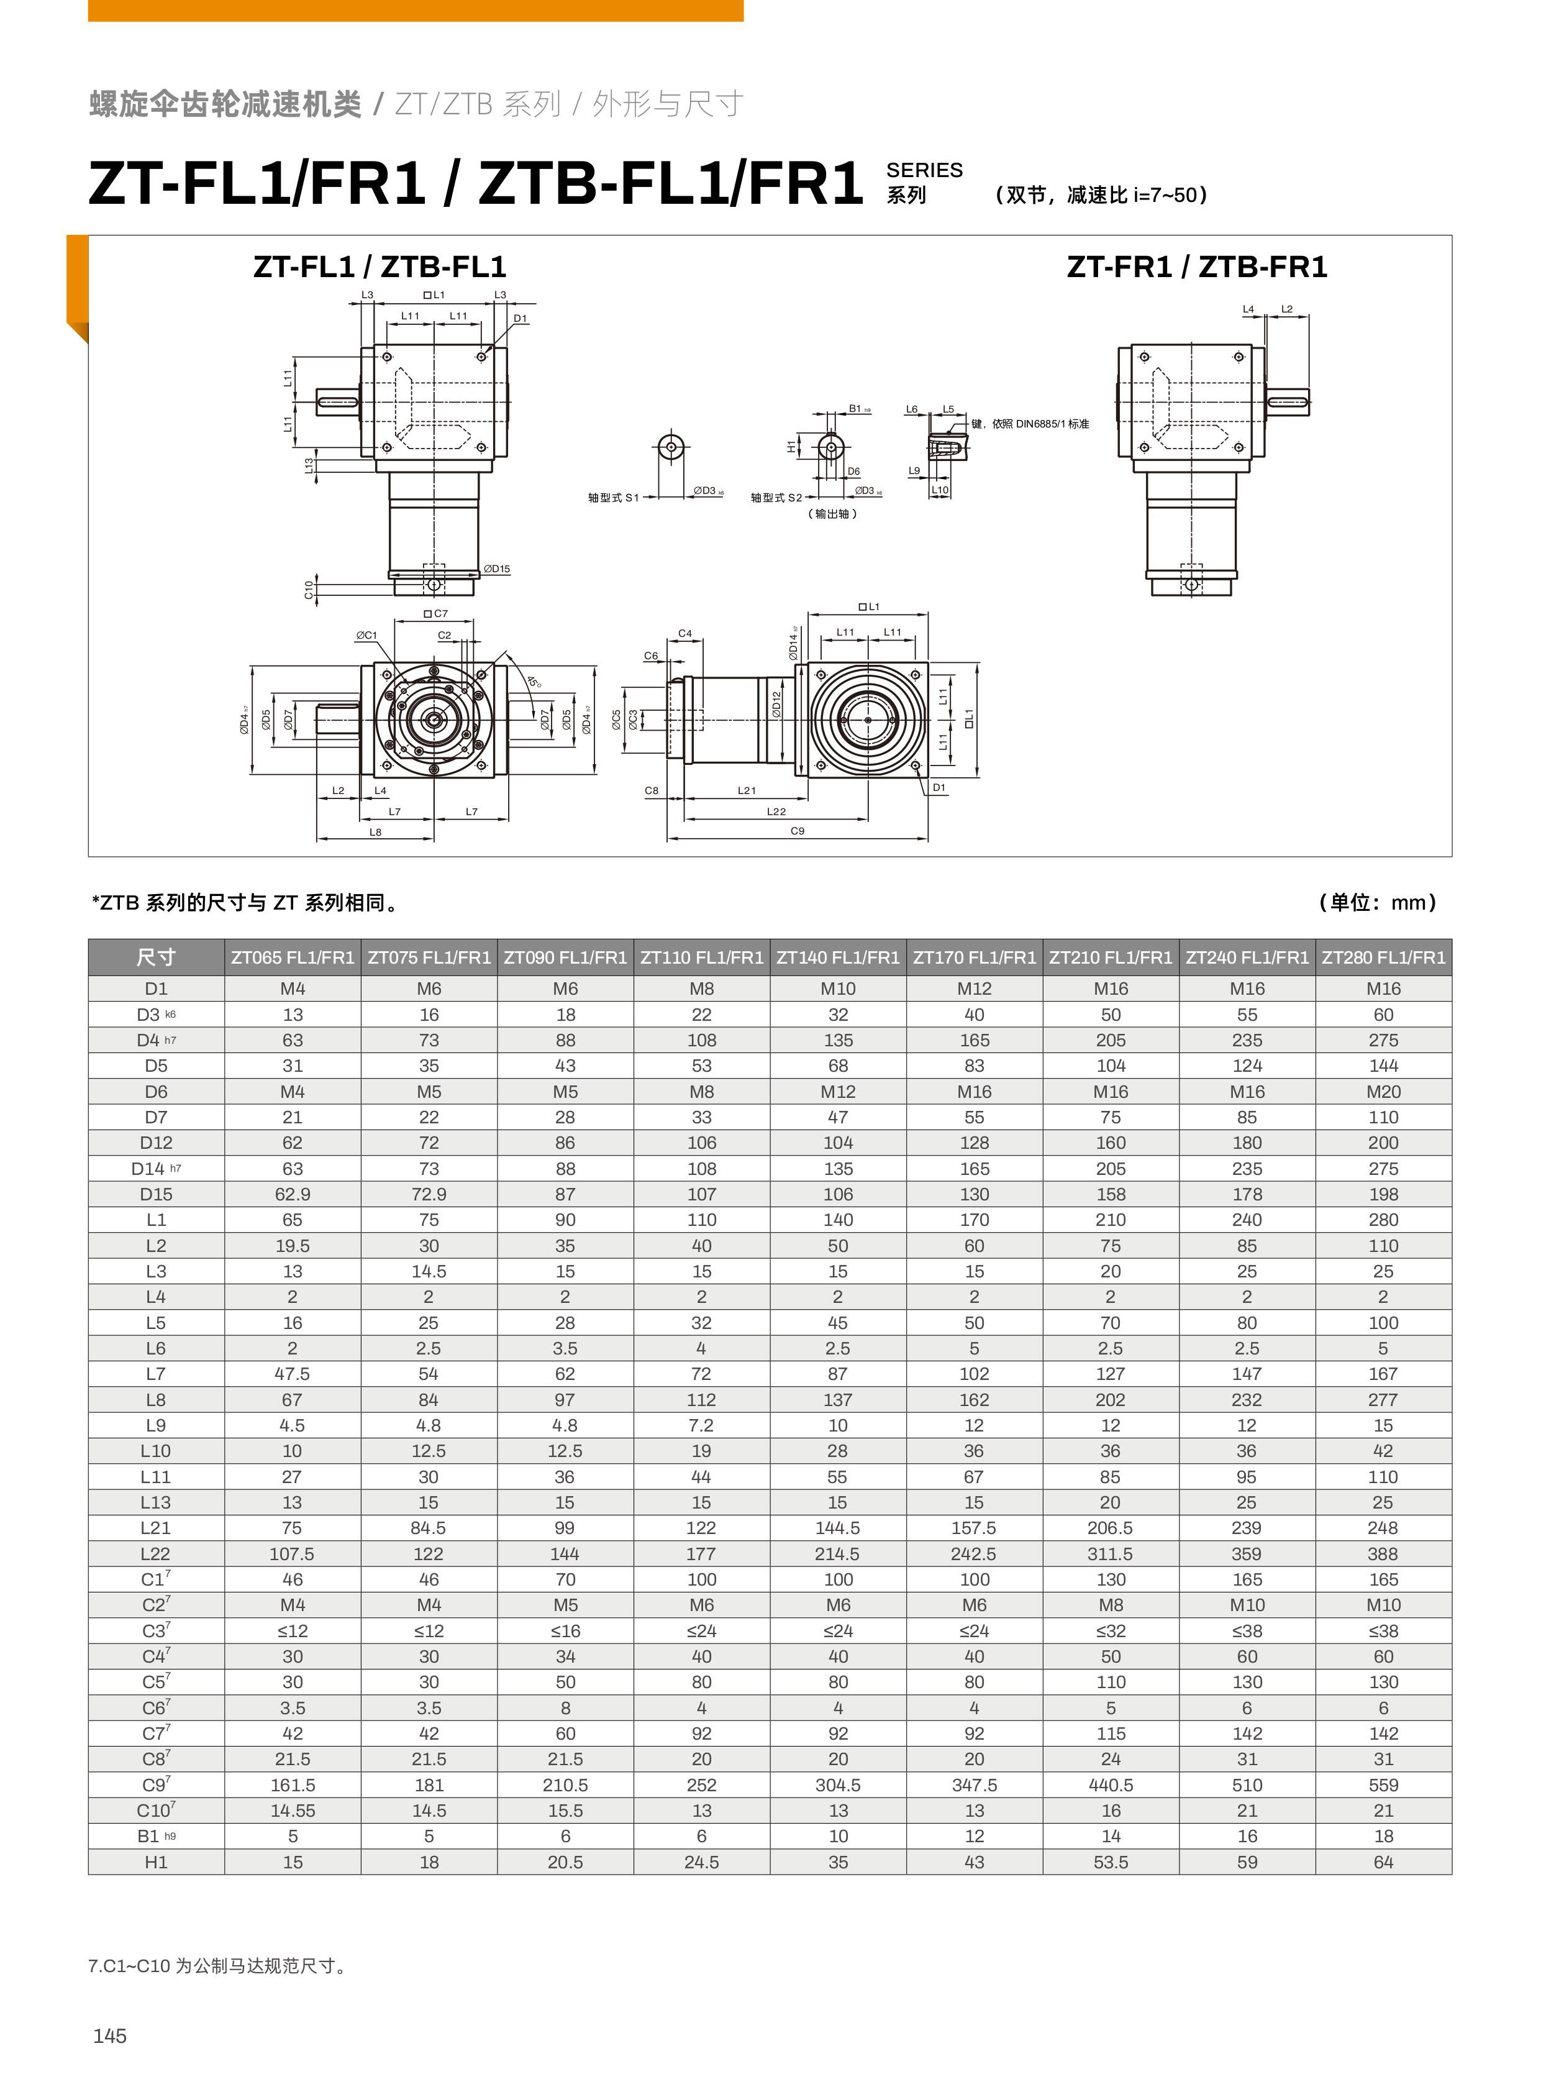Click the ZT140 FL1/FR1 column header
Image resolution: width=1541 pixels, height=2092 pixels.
tap(838, 957)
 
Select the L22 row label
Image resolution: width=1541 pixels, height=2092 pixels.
tap(156, 1553)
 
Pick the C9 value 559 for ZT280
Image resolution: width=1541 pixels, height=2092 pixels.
tap(1383, 1785)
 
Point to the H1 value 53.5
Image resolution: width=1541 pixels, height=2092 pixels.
tap(1110, 1863)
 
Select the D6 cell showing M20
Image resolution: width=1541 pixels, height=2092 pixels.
tap(1383, 1092)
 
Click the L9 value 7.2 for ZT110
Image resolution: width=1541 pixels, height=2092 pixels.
tap(701, 1426)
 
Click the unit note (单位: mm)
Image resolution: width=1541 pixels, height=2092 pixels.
tap(1378, 902)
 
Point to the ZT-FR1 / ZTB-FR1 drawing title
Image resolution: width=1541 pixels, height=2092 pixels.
tap(1197, 268)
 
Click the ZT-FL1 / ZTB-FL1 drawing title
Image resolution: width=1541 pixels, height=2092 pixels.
tap(380, 268)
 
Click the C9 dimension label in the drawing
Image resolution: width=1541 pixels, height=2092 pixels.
tap(798, 831)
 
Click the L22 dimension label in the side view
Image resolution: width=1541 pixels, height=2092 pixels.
tap(776, 812)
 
